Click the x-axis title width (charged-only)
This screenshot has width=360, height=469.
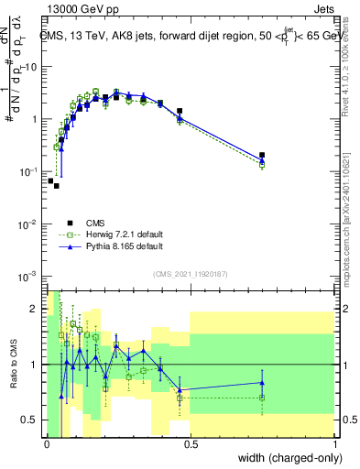click(284, 457)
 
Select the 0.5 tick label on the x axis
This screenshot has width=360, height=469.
click(191, 444)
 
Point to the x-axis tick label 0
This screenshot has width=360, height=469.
click(47, 444)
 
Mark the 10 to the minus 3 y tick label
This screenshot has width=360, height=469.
click(27, 276)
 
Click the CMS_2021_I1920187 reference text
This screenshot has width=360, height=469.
click(191, 274)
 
